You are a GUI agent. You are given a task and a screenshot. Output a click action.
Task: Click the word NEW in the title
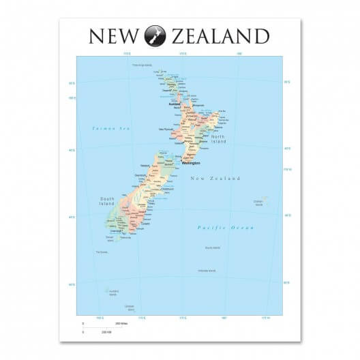113,35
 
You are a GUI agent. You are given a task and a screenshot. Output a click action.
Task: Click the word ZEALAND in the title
220,35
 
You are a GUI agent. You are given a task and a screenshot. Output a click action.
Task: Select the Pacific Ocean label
225,228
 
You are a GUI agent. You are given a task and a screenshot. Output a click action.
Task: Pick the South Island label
106,202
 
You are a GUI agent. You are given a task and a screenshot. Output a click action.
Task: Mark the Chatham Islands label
260,202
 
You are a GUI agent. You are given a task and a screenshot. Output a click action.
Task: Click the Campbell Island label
130,307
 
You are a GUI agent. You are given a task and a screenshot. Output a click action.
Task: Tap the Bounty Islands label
212,247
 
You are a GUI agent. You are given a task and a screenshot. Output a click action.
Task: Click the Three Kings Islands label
141,65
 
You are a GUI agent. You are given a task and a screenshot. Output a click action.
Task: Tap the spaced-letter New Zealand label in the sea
215,179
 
